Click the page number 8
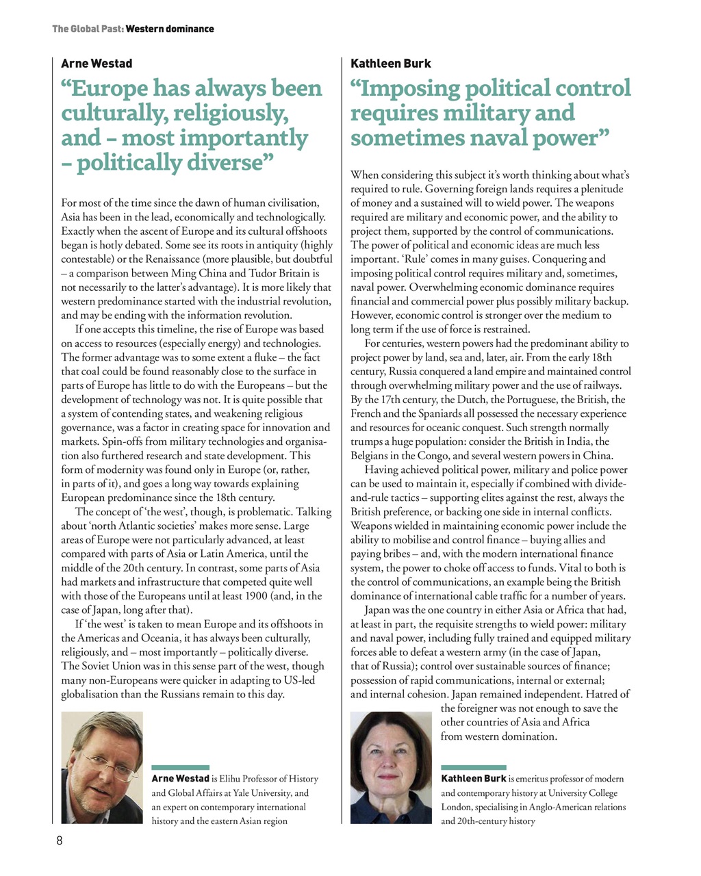coord(60,841)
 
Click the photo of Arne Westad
coord(102,767)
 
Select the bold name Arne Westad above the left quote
coord(97,64)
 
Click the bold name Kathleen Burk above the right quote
coord(390,64)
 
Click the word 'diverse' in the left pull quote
coord(225,163)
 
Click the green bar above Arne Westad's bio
coord(180,767)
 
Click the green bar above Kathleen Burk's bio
coord(473,767)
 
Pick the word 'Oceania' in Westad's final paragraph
coord(151,638)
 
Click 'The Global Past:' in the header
coord(88,29)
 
